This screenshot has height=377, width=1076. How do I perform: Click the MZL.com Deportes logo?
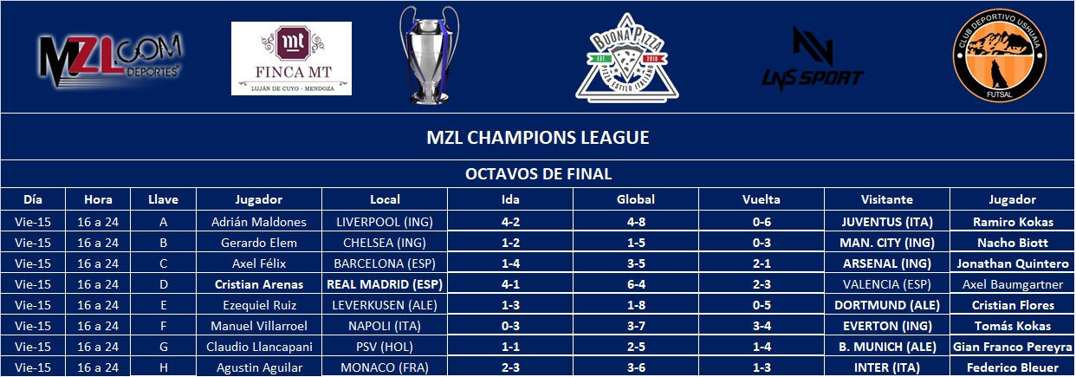tap(109, 60)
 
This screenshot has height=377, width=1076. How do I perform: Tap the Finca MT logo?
tap(291, 58)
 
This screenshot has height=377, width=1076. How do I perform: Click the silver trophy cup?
tap(429, 55)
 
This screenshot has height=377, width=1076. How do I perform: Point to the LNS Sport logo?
tap(813, 59)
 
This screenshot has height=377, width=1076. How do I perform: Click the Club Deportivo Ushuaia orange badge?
tap(999, 55)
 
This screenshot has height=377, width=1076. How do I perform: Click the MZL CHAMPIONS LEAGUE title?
tap(537, 138)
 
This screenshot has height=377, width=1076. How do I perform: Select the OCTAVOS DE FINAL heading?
tap(538, 174)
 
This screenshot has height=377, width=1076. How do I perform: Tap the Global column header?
tap(636, 199)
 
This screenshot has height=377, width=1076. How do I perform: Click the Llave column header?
tap(163, 199)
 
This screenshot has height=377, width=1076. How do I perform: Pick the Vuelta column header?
tap(761, 199)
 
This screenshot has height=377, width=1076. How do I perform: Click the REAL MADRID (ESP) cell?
tap(385, 284)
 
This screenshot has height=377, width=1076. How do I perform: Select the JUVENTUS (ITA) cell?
tap(887, 222)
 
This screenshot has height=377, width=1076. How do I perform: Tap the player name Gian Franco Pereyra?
tap(1012, 347)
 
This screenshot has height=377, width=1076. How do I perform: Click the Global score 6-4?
tap(636, 284)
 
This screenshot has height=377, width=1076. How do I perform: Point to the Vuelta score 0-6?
tap(762, 222)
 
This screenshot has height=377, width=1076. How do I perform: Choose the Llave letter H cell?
tap(164, 367)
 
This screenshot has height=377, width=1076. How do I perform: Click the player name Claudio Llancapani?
tap(259, 347)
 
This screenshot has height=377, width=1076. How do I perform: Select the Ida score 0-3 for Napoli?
tap(510, 326)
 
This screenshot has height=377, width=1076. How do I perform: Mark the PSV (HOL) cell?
tap(385, 347)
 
